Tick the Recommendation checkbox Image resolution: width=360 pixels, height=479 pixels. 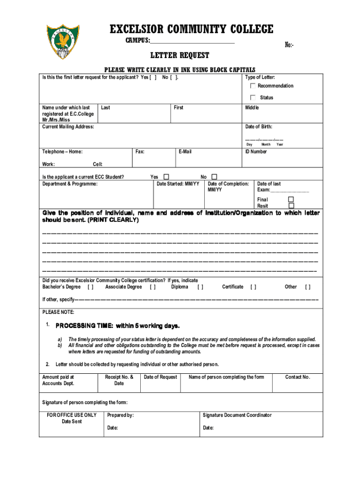pos(253,86)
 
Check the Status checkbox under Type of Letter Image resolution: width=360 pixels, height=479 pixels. pos(253,97)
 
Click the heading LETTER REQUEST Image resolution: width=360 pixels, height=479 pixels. pos(180,56)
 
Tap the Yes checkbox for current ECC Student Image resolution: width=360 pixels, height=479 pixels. pos(166,177)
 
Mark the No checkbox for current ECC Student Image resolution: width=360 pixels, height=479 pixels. pos(214,177)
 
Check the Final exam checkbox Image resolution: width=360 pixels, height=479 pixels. pos(291,199)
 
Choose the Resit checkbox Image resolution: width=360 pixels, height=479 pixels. pos(291,205)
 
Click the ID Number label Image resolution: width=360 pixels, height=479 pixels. pos(256,152)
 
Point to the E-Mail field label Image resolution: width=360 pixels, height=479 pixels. pos(185,152)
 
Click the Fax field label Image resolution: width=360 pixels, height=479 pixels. pos(140,152)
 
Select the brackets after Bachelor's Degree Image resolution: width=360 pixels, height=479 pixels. pos(90,287)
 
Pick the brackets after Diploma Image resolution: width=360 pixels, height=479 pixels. pos(200,287)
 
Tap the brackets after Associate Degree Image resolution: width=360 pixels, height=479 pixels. pos(153,287)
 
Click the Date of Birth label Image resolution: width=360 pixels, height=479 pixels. pos(259,127)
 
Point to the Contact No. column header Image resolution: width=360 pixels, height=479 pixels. pos(297,377)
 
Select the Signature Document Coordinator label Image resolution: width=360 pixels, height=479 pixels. pos(237,415)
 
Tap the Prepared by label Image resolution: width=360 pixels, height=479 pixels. pos(120,415)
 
